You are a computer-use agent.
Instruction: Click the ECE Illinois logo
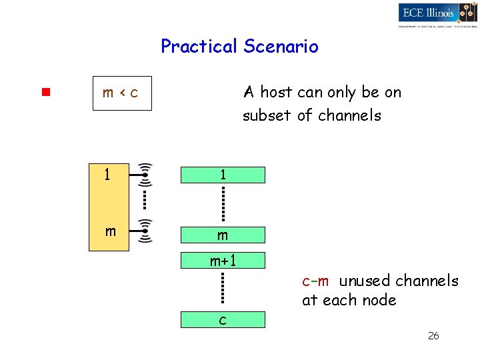pos(437,14)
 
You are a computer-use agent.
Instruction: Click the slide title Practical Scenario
pos(239,47)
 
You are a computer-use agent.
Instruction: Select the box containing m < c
pos(122,93)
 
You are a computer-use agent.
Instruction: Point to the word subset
pos(267,115)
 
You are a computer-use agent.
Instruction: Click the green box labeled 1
pos(223,175)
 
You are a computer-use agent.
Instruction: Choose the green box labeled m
pos(223,235)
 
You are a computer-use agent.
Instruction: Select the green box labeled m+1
pos(223,260)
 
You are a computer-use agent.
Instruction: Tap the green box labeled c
pos(223,320)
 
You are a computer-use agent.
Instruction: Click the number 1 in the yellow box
pos(107,175)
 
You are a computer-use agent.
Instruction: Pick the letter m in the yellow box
pos(111,231)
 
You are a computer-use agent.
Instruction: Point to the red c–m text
pos(315,281)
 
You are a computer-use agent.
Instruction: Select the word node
pos(379,300)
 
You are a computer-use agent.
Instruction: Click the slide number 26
pos(433,336)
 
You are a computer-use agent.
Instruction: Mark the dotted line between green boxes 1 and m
pos(223,204)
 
